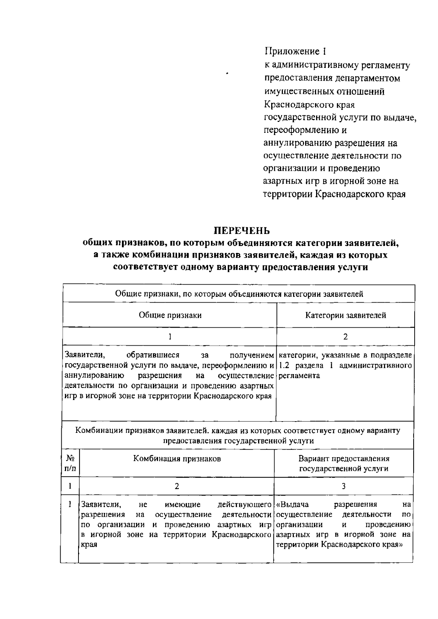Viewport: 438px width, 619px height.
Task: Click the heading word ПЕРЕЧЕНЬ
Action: click(242, 231)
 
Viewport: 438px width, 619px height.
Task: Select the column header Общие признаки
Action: click(170, 315)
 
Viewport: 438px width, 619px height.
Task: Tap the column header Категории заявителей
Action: click(345, 315)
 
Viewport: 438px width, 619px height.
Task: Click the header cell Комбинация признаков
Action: click(177, 459)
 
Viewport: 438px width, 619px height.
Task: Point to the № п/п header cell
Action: click(70, 463)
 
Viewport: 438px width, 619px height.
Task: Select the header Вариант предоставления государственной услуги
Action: click(344, 463)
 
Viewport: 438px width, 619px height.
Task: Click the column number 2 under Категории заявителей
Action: click(345, 337)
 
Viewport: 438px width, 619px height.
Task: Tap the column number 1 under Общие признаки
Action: click(170, 337)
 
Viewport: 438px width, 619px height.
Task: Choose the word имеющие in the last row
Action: click(182, 505)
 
